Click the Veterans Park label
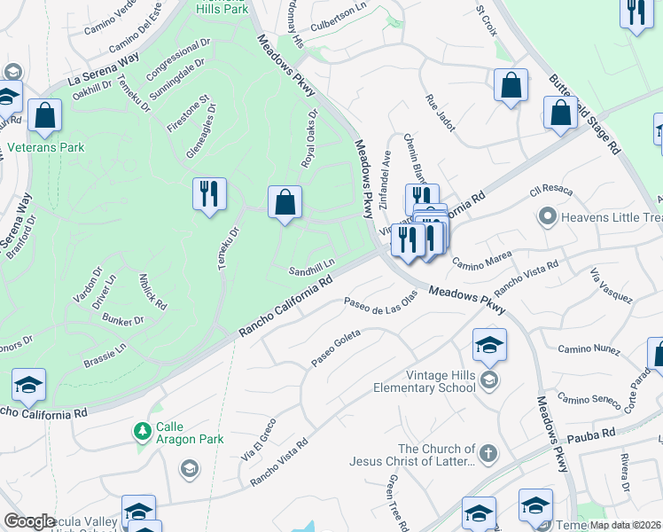tap(46, 147)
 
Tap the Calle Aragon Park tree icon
tap(141, 432)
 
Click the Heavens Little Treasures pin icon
tap(548, 216)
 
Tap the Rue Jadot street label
tap(441, 113)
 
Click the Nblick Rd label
tap(152, 290)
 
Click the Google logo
tap(29, 521)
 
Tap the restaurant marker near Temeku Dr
tap(209, 194)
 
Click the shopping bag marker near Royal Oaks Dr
tap(285, 202)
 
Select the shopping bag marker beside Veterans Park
tap(44, 116)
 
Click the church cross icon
tap(488, 455)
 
